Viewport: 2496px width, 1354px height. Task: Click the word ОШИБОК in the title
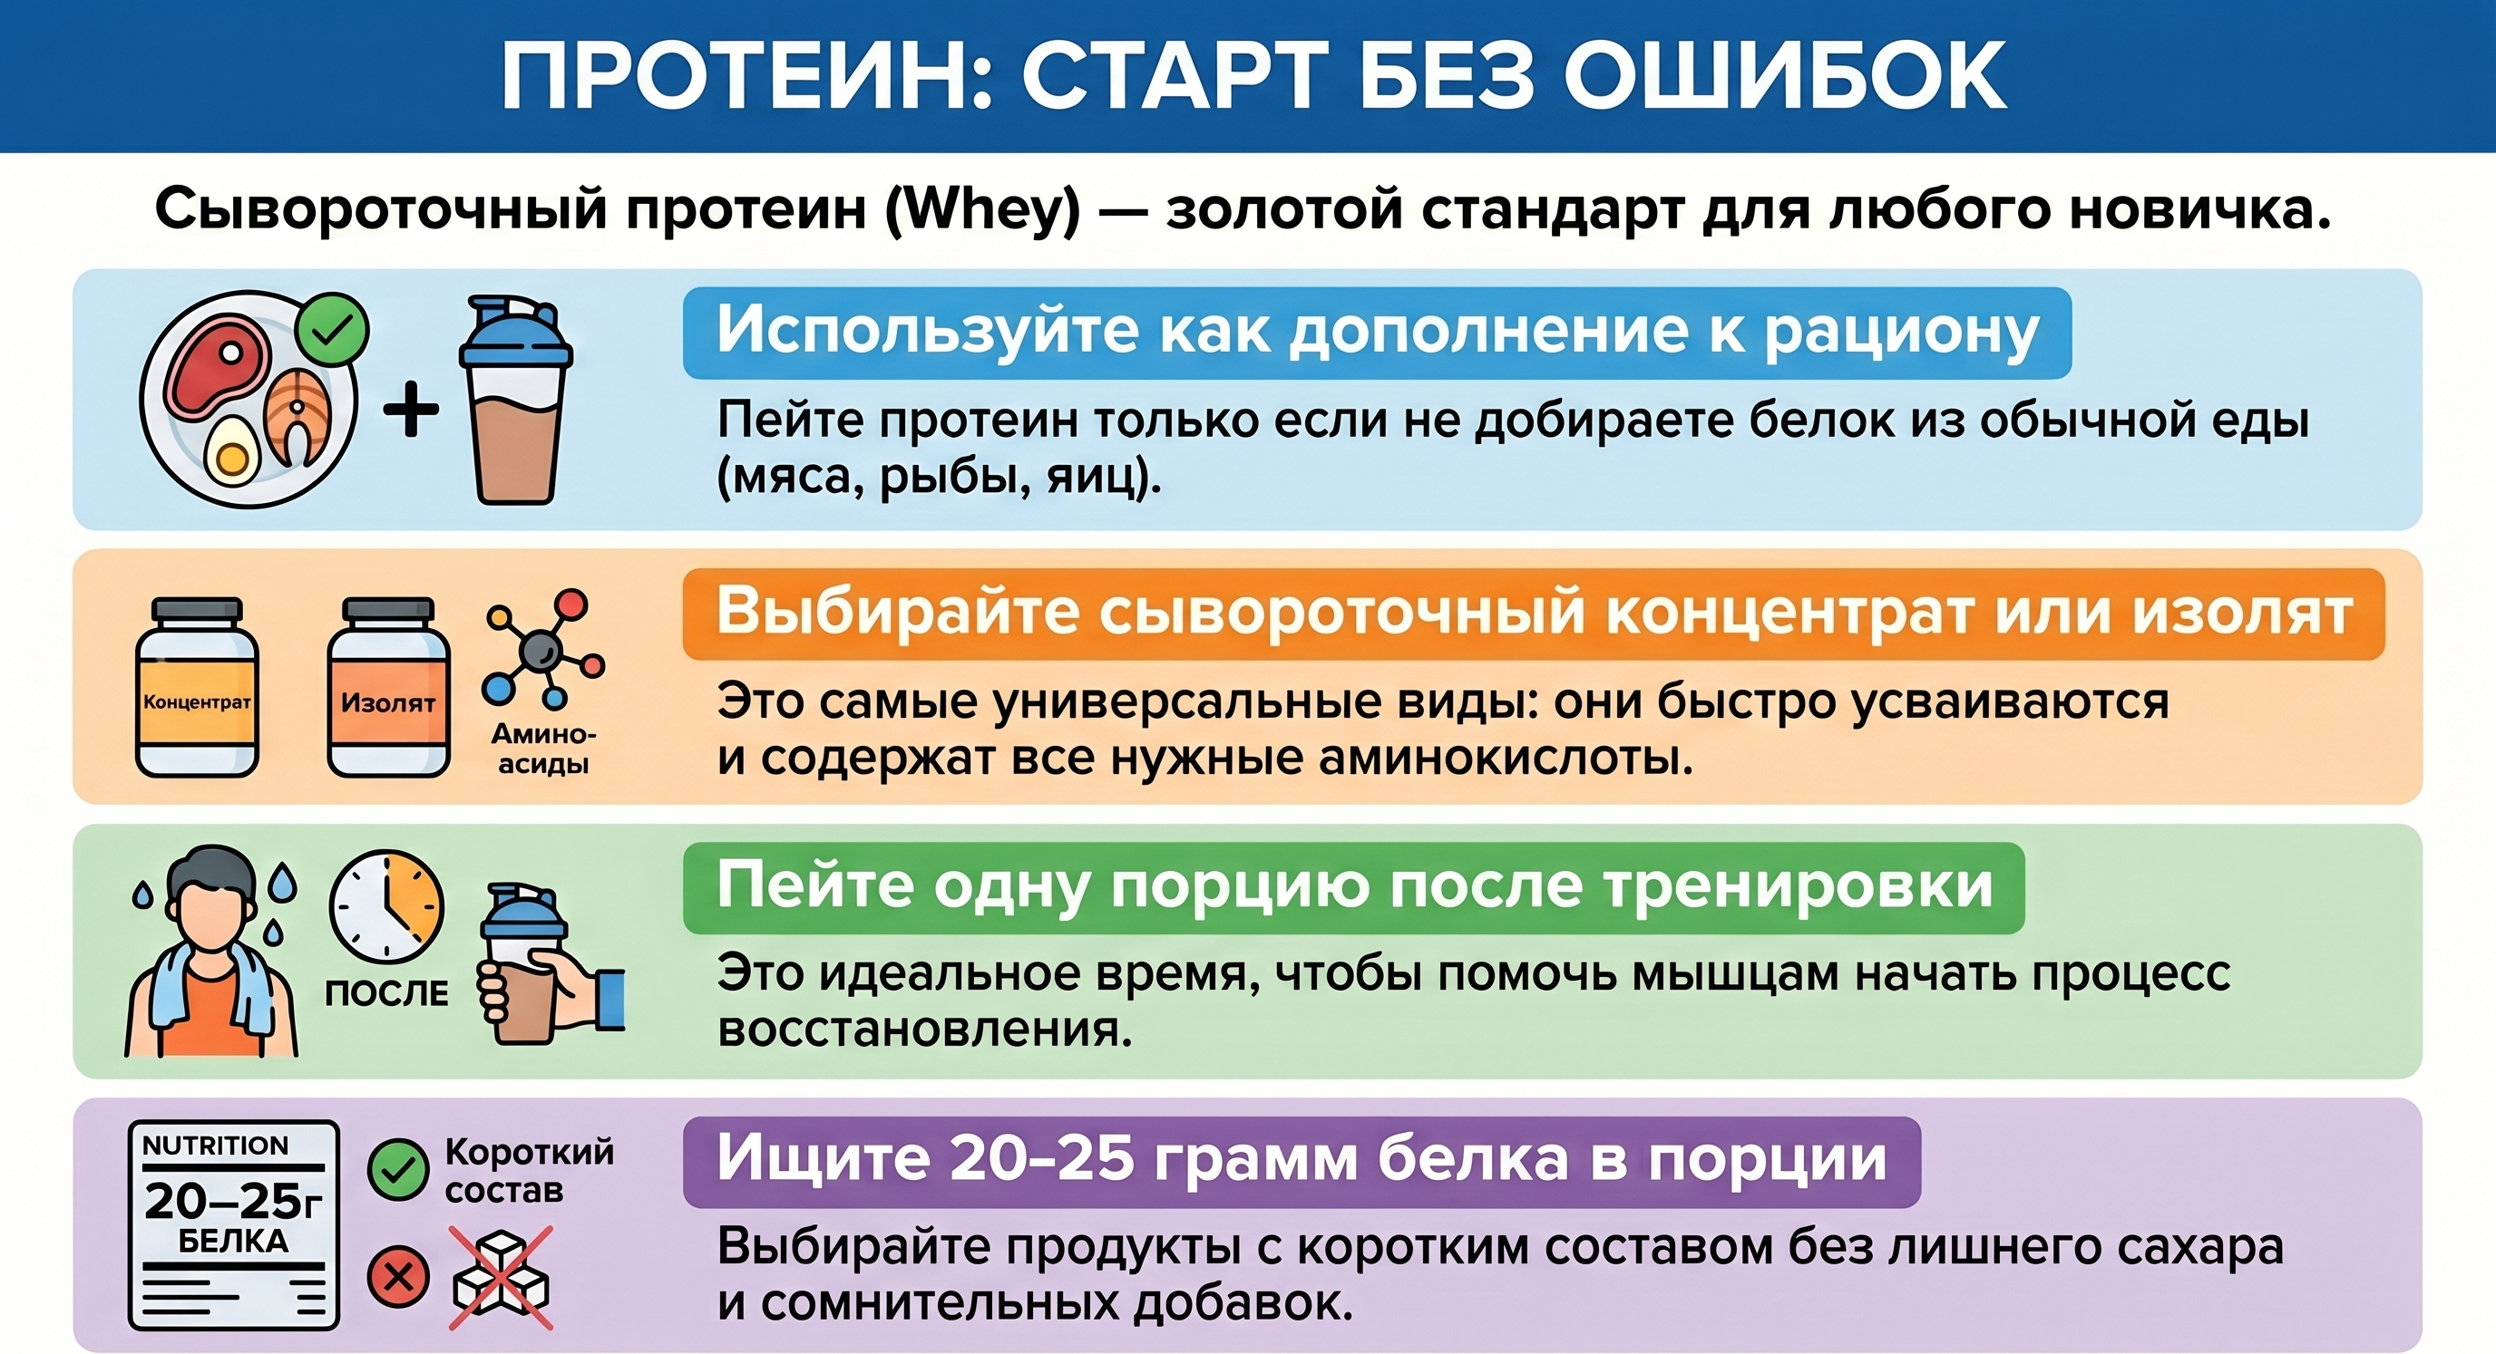(1785, 75)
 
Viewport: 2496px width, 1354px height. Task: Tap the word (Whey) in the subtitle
(982, 209)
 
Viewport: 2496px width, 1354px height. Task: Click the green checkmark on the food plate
(332, 330)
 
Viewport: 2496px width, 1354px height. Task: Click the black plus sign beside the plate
(411, 409)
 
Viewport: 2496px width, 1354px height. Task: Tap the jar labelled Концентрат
(197, 688)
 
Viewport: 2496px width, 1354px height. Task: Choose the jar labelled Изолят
(387, 688)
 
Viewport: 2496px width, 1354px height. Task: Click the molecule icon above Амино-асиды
(543, 648)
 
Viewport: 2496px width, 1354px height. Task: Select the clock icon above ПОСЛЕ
(386, 907)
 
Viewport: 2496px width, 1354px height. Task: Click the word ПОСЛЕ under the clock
(386, 993)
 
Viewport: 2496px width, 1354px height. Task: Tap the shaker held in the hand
(522, 963)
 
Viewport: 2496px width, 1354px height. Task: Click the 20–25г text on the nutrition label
(233, 1202)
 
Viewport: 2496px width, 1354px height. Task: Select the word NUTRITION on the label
(215, 1146)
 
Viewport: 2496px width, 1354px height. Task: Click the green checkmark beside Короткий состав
(398, 1170)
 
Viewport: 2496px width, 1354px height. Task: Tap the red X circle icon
(398, 1277)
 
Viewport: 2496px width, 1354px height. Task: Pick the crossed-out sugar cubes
(501, 1277)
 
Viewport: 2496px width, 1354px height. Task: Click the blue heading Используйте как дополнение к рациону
(1377, 333)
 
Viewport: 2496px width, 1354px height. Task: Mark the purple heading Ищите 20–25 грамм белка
(1302, 1161)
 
